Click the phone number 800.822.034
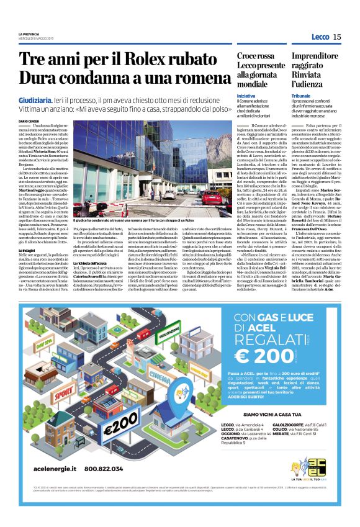pos(97,486)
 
